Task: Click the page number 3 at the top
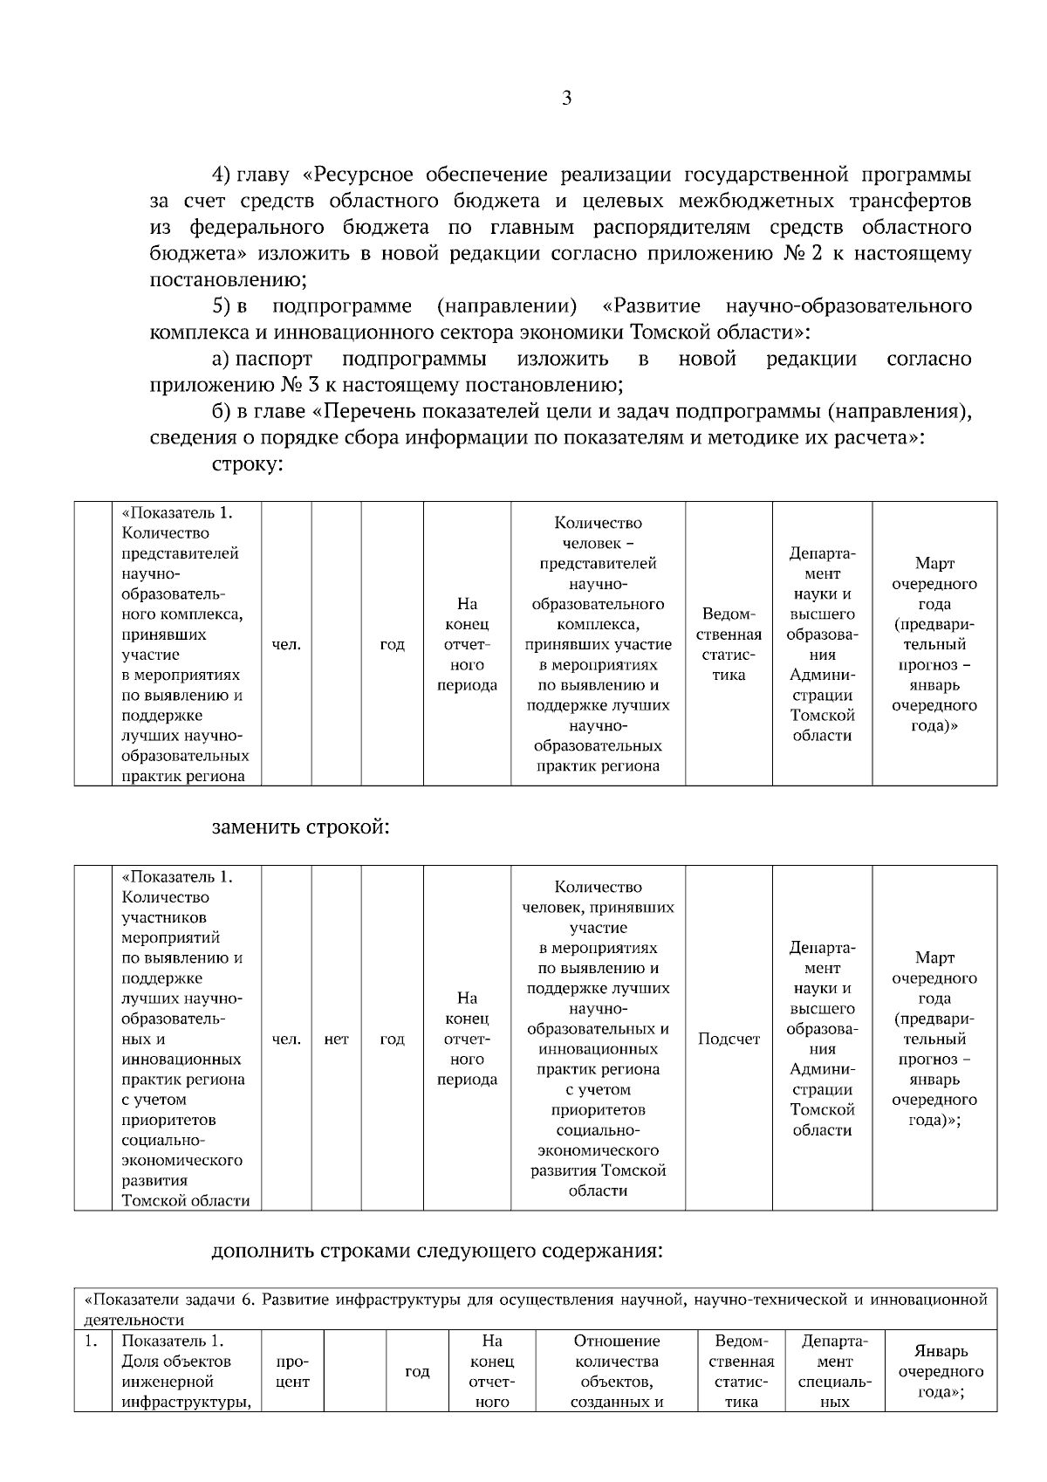coord(567,98)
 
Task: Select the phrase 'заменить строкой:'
coord(300,827)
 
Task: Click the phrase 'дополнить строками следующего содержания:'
coord(437,1251)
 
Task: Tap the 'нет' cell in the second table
coord(336,1039)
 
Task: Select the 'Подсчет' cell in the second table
coord(729,1039)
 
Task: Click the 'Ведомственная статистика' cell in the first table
coord(729,644)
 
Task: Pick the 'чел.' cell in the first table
coord(286,644)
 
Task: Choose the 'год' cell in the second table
coord(393,1039)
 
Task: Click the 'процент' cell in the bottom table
coord(292,1371)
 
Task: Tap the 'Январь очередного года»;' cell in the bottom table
coord(941,1371)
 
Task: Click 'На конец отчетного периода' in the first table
coord(467,644)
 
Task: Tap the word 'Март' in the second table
coord(934,958)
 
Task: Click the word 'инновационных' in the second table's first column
coord(181,1060)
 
